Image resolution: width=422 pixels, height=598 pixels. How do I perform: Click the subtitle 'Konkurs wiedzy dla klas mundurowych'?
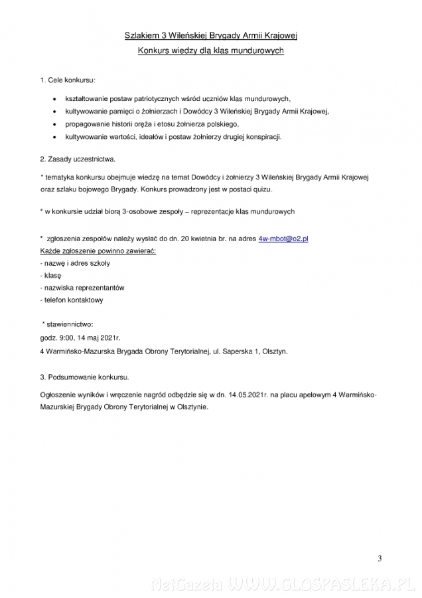211,50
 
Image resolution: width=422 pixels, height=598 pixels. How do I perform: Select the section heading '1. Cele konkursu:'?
68,80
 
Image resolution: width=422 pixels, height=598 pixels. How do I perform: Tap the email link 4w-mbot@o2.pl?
283,237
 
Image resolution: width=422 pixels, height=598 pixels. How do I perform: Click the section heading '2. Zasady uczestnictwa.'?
78,159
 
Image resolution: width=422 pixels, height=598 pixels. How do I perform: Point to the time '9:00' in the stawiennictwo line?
65,338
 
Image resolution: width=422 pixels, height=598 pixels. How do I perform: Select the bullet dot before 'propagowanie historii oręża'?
54,124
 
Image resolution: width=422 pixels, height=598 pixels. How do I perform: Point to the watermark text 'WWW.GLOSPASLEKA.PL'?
314,585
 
